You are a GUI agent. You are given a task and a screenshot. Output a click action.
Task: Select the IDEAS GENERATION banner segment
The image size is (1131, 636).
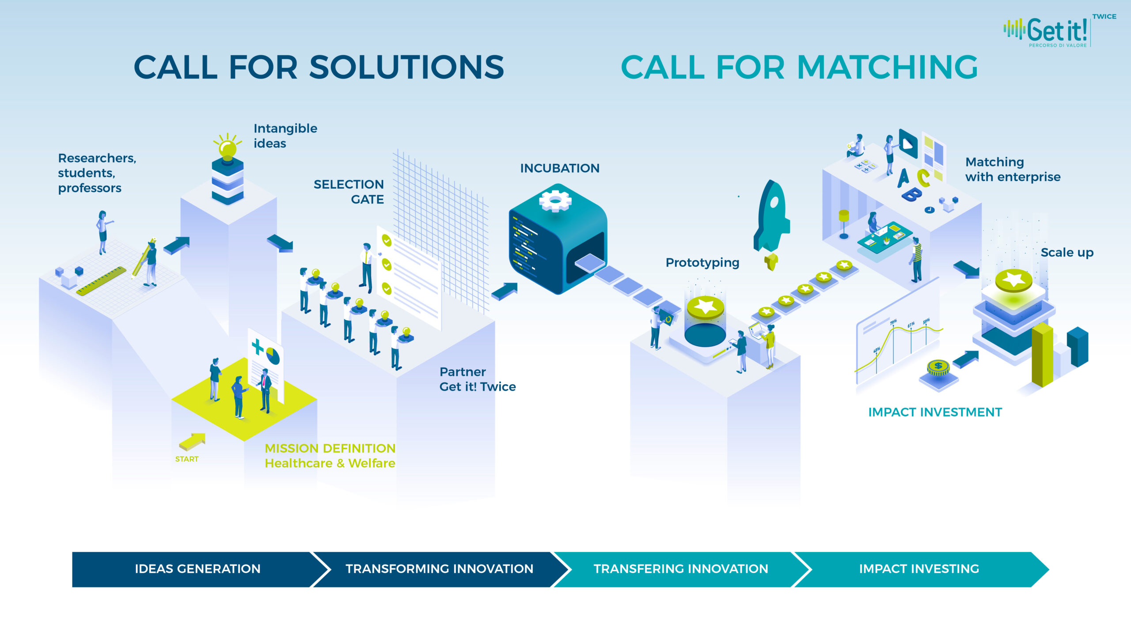[x=197, y=569]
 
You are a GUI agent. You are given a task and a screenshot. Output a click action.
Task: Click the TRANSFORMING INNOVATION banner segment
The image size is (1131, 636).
[x=439, y=569]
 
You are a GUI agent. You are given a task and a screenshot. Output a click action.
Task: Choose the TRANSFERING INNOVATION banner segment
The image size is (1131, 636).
[x=681, y=569]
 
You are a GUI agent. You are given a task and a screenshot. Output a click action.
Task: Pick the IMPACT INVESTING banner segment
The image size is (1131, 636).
[x=919, y=569]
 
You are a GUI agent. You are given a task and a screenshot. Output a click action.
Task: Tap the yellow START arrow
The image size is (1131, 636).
[x=192, y=441]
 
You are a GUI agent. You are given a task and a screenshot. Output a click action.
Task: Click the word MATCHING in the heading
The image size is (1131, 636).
[x=888, y=68]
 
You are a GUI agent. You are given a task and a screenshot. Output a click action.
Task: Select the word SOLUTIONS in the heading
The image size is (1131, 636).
[x=406, y=68]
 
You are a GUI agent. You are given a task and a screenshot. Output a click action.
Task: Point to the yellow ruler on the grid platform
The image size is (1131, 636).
[x=101, y=281]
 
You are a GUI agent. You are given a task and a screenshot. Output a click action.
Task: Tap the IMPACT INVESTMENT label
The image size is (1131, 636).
[x=935, y=412]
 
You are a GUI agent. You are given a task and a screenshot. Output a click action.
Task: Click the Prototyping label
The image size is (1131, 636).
[x=702, y=263]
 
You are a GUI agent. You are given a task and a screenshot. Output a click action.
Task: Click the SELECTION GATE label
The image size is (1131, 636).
[x=349, y=192]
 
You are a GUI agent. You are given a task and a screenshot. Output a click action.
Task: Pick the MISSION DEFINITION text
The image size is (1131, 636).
[x=330, y=448]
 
